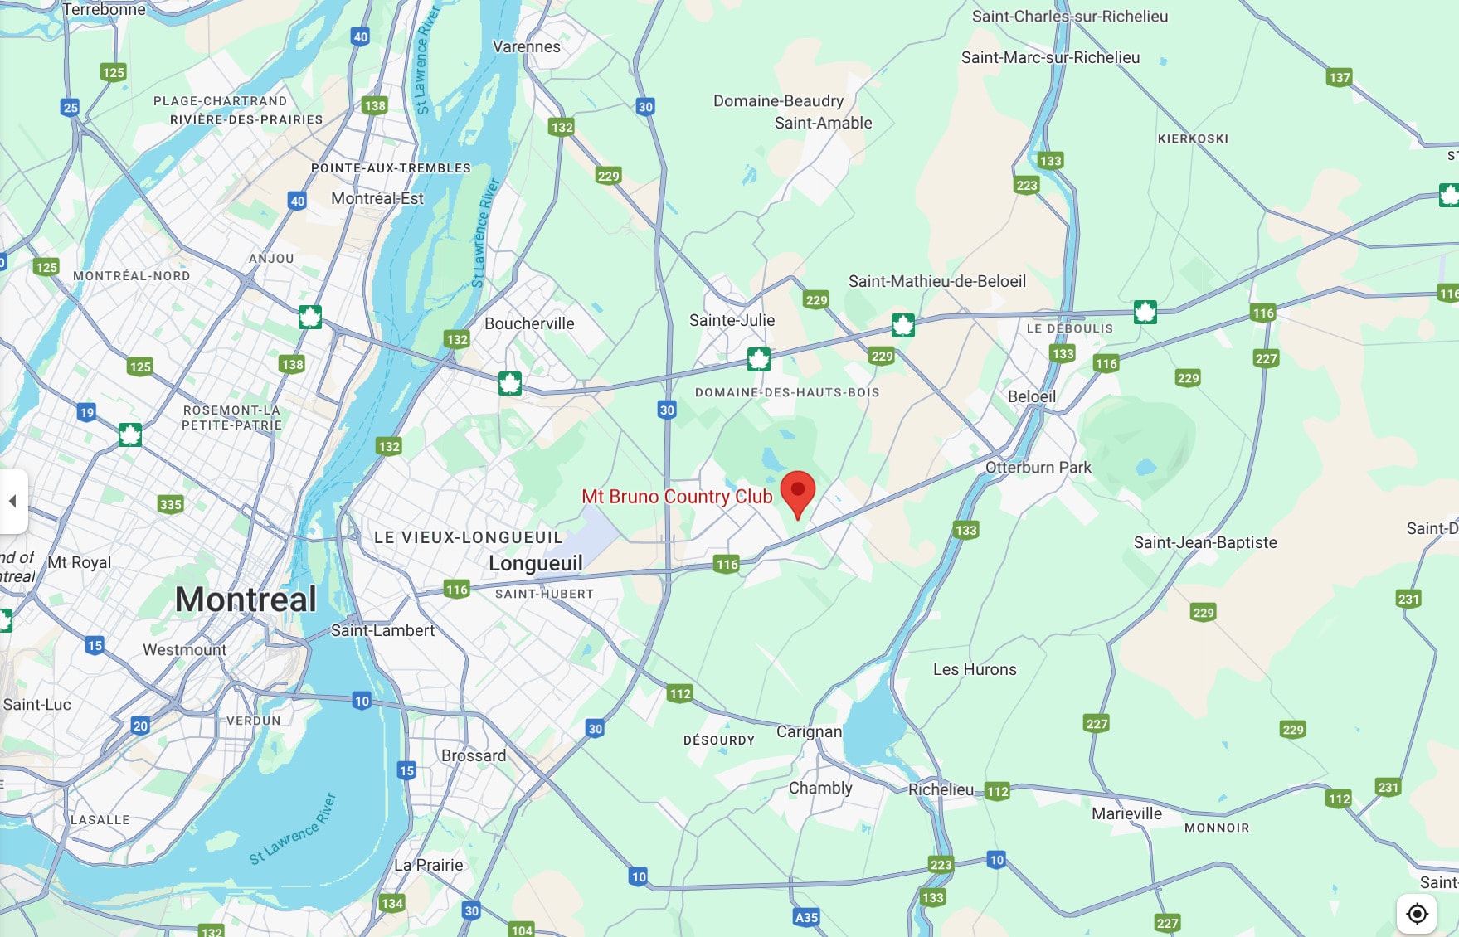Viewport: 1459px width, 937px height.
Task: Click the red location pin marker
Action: (x=798, y=492)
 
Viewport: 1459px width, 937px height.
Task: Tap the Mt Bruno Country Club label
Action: (x=677, y=497)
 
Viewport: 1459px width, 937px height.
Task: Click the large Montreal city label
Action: (x=246, y=600)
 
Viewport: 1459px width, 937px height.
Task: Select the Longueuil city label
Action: (x=535, y=564)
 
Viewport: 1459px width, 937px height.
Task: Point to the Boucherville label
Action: (x=529, y=323)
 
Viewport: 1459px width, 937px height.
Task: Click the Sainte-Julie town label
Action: (x=732, y=320)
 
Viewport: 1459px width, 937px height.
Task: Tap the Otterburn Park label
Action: (x=1038, y=468)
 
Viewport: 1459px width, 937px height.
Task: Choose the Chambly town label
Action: (x=820, y=788)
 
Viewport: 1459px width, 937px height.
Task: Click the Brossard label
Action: (x=474, y=755)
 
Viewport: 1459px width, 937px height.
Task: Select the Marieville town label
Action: (x=1126, y=813)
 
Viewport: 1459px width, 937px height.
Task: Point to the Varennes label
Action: (x=527, y=46)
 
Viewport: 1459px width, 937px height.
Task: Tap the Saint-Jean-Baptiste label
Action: (x=1205, y=542)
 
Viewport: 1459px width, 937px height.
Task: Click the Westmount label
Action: (x=184, y=649)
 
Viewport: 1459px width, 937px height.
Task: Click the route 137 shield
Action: (x=1339, y=78)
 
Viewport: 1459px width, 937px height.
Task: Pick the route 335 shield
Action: (x=170, y=504)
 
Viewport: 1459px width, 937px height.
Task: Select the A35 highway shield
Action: (x=806, y=917)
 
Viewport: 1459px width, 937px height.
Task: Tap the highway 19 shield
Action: (x=86, y=412)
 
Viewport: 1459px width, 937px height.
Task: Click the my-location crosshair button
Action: (x=1417, y=914)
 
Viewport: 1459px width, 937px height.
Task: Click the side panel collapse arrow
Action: (x=12, y=501)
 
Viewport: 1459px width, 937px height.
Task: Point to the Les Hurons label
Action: (x=975, y=669)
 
